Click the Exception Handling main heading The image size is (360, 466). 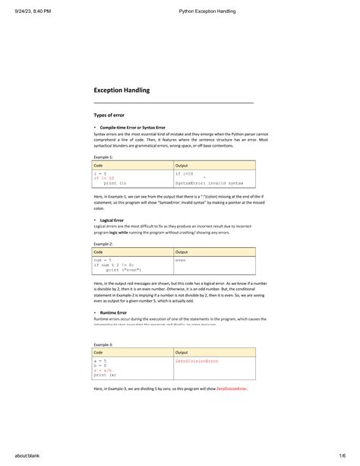coord(122,90)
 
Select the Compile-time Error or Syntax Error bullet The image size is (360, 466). coord(132,127)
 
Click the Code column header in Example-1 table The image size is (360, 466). coord(99,165)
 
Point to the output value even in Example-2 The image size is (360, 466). coord(181,260)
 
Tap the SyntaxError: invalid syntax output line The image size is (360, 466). coord(209,183)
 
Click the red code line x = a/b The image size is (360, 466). coord(104,371)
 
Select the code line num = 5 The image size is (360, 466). coord(103,260)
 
